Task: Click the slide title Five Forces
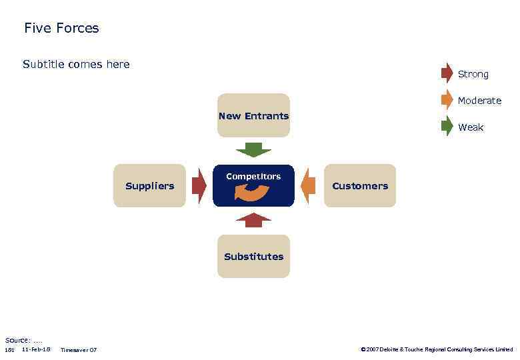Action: pos(61,28)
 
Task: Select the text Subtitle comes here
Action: pos(76,65)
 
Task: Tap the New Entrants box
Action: pos(253,115)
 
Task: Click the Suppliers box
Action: pos(149,186)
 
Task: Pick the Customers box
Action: pos(360,186)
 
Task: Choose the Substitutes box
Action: pos(253,257)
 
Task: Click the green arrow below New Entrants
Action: pos(253,149)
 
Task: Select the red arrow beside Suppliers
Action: pos(199,186)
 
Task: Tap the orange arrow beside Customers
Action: pos(308,186)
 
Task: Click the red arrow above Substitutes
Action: pos(253,221)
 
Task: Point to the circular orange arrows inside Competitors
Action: pos(252,193)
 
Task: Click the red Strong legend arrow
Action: pos(447,73)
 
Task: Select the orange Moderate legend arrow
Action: pos(447,100)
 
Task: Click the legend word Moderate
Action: pos(479,101)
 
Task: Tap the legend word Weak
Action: pos(471,127)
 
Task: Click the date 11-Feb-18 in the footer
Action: pos(36,349)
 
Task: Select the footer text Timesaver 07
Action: pos(78,350)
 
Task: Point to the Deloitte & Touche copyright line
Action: pos(437,349)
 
